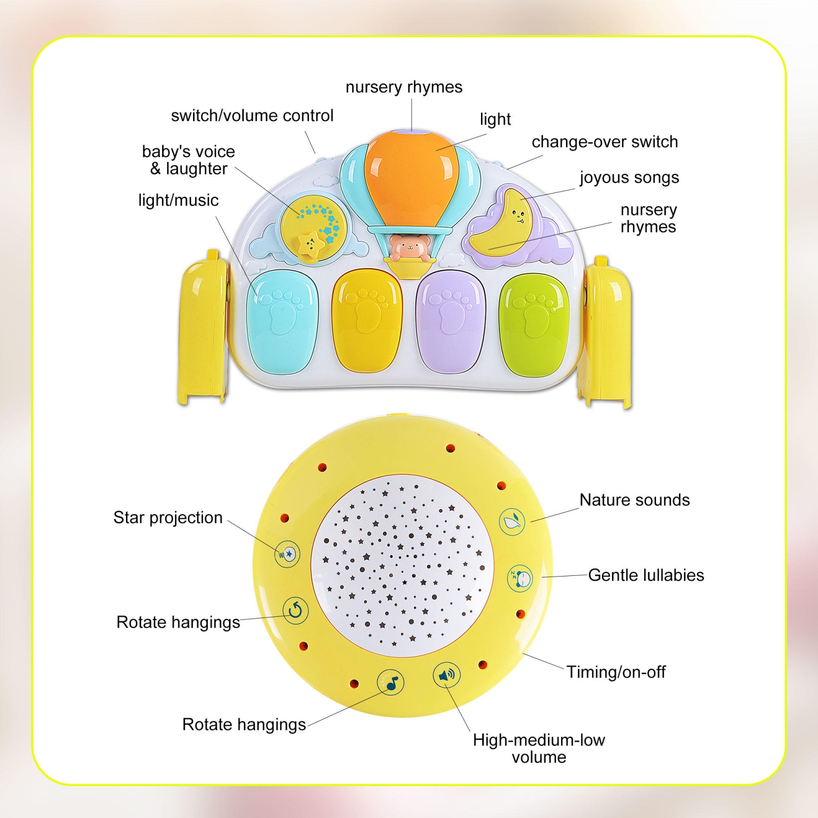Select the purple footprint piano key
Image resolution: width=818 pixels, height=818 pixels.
(x=450, y=322)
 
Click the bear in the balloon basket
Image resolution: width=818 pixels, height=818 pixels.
(x=408, y=248)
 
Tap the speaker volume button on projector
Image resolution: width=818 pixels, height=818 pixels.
(x=447, y=676)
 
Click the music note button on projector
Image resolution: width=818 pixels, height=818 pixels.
(x=390, y=682)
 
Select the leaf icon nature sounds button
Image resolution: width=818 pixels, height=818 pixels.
(x=512, y=521)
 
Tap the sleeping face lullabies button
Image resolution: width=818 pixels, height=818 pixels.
(x=520, y=578)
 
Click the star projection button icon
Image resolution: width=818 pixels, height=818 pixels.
(x=287, y=554)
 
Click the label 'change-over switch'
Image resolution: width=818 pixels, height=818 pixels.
(x=604, y=142)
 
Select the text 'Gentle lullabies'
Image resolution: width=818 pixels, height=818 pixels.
(x=646, y=575)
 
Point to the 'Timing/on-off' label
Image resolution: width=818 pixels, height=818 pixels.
(x=615, y=672)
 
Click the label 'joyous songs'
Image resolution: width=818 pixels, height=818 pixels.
(x=629, y=177)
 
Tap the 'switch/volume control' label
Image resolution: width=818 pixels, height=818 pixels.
(x=252, y=116)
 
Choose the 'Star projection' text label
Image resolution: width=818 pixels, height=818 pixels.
(x=168, y=518)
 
